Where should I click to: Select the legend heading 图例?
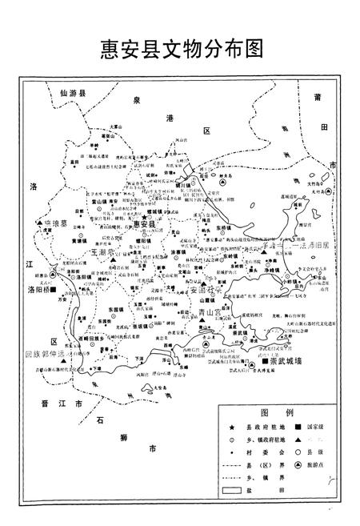tap(275, 414)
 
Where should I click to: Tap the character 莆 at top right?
tap(318, 98)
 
